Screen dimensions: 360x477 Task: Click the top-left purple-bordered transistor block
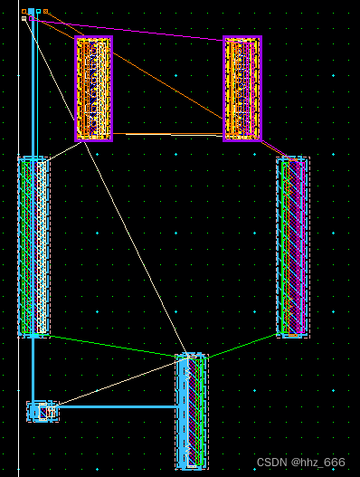[93, 89]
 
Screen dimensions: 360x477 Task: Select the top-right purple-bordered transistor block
[242, 89]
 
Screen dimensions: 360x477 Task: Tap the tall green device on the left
[33, 246]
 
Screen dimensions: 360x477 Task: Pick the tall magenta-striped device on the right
[292, 246]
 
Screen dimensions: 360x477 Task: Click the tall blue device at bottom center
[190, 411]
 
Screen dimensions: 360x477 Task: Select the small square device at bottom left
[41, 412]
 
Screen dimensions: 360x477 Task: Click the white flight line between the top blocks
[167, 134]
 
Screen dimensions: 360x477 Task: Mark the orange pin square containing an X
[45, 12]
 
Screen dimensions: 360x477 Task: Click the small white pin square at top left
[24, 18]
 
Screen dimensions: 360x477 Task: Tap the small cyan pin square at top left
[31, 12]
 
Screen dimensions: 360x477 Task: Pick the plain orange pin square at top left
[24, 12]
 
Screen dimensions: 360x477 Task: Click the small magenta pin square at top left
[32, 18]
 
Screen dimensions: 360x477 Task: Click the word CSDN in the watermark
[270, 463]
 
